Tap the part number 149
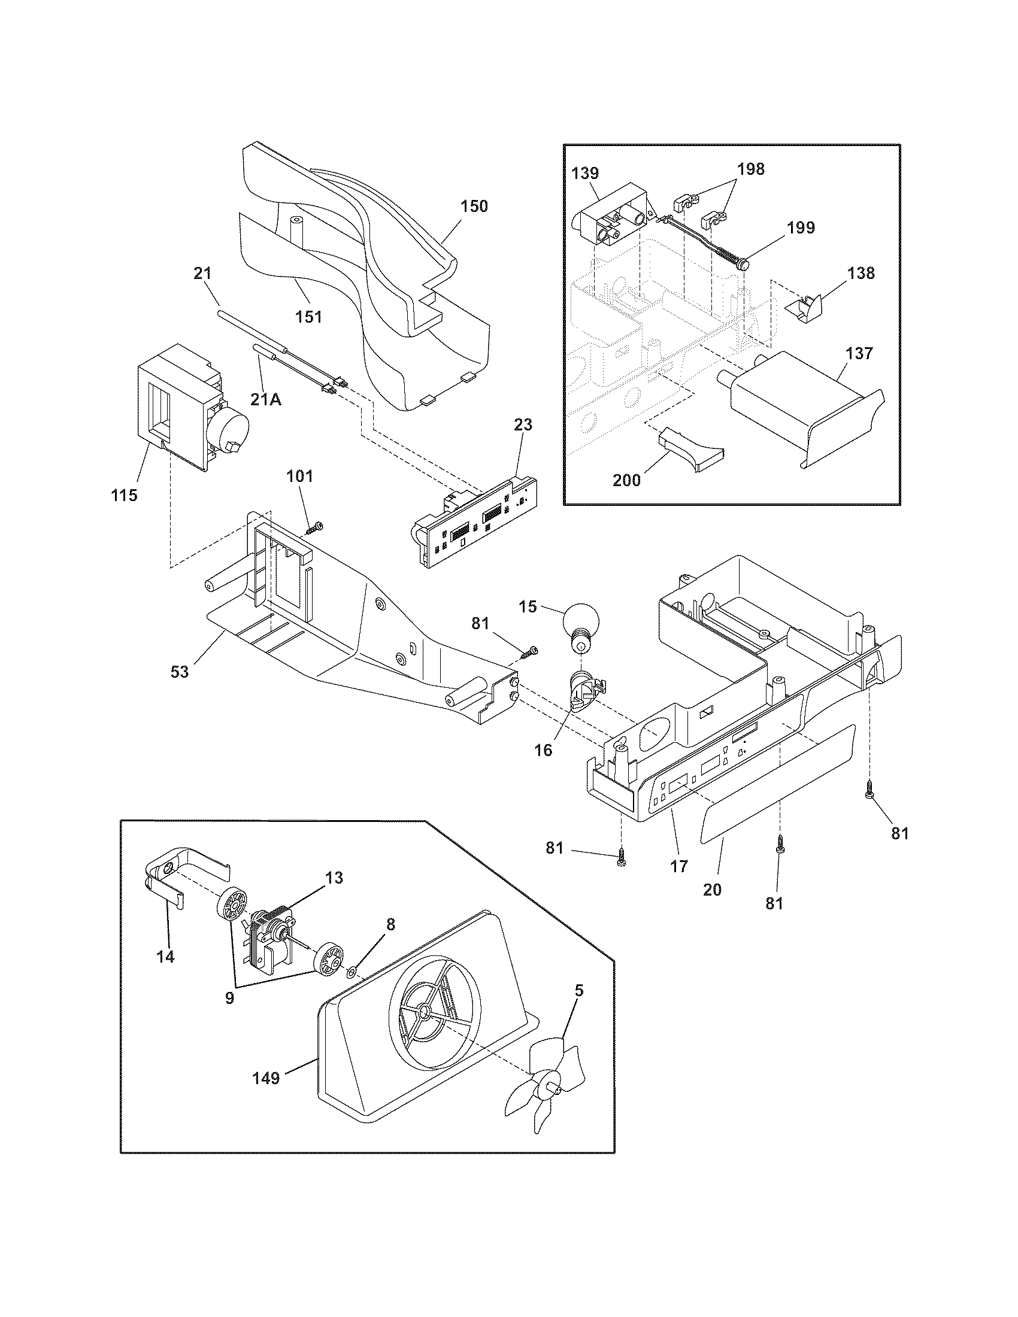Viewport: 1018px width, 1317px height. pyautogui.click(x=266, y=1078)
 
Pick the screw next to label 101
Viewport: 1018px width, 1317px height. pyautogui.click(x=314, y=527)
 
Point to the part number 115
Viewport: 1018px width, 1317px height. pyautogui.click(x=124, y=495)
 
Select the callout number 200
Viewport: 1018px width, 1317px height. pyautogui.click(x=627, y=480)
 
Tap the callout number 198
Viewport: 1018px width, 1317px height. pyautogui.click(x=751, y=169)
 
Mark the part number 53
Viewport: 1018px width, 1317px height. pyautogui.click(x=180, y=671)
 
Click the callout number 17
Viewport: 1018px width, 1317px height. pyautogui.click(x=679, y=867)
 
